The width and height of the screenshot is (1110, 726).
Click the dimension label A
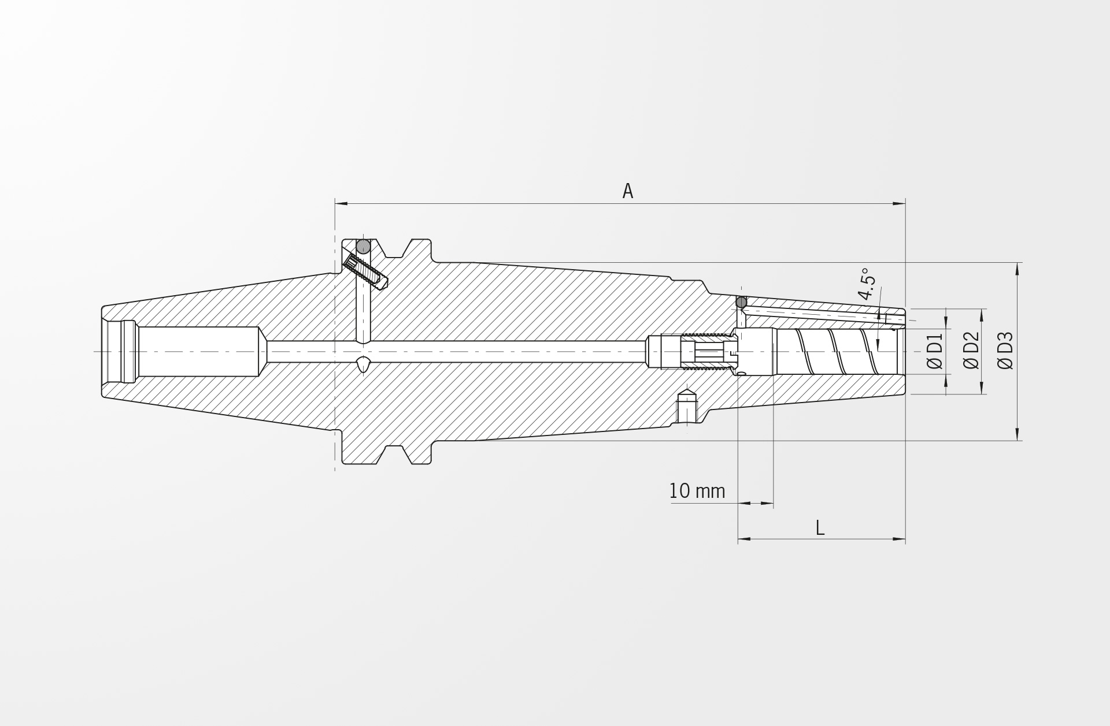pyautogui.click(x=628, y=191)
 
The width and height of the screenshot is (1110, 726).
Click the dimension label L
pyautogui.click(x=820, y=527)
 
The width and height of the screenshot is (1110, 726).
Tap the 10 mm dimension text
pyautogui.click(x=697, y=492)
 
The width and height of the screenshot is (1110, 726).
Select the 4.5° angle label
pyautogui.click(x=867, y=284)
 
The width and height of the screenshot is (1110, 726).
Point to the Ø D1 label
pyautogui.click(x=935, y=351)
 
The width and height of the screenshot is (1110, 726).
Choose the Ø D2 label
pyautogui.click(x=971, y=351)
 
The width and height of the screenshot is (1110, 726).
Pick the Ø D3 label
pyautogui.click(x=1005, y=351)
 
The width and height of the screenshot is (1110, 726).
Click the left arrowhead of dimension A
pyautogui.click(x=341, y=203)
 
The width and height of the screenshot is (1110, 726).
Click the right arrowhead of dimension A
pyautogui.click(x=899, y=203)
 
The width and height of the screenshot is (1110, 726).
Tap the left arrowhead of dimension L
pyautogui.click(x=745, y=539)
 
